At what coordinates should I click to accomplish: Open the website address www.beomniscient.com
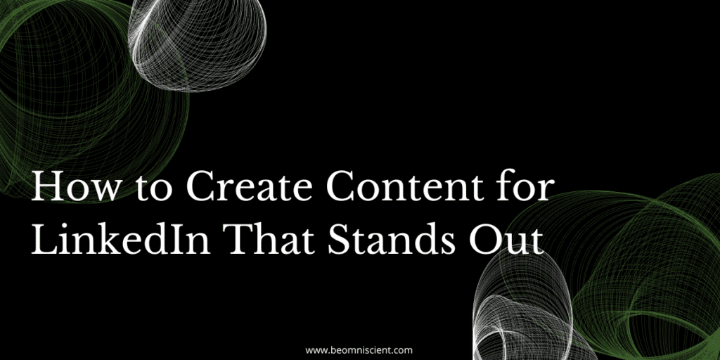359,350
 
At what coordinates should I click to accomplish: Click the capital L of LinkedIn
43,239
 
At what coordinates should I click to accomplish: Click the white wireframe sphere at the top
198,44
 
